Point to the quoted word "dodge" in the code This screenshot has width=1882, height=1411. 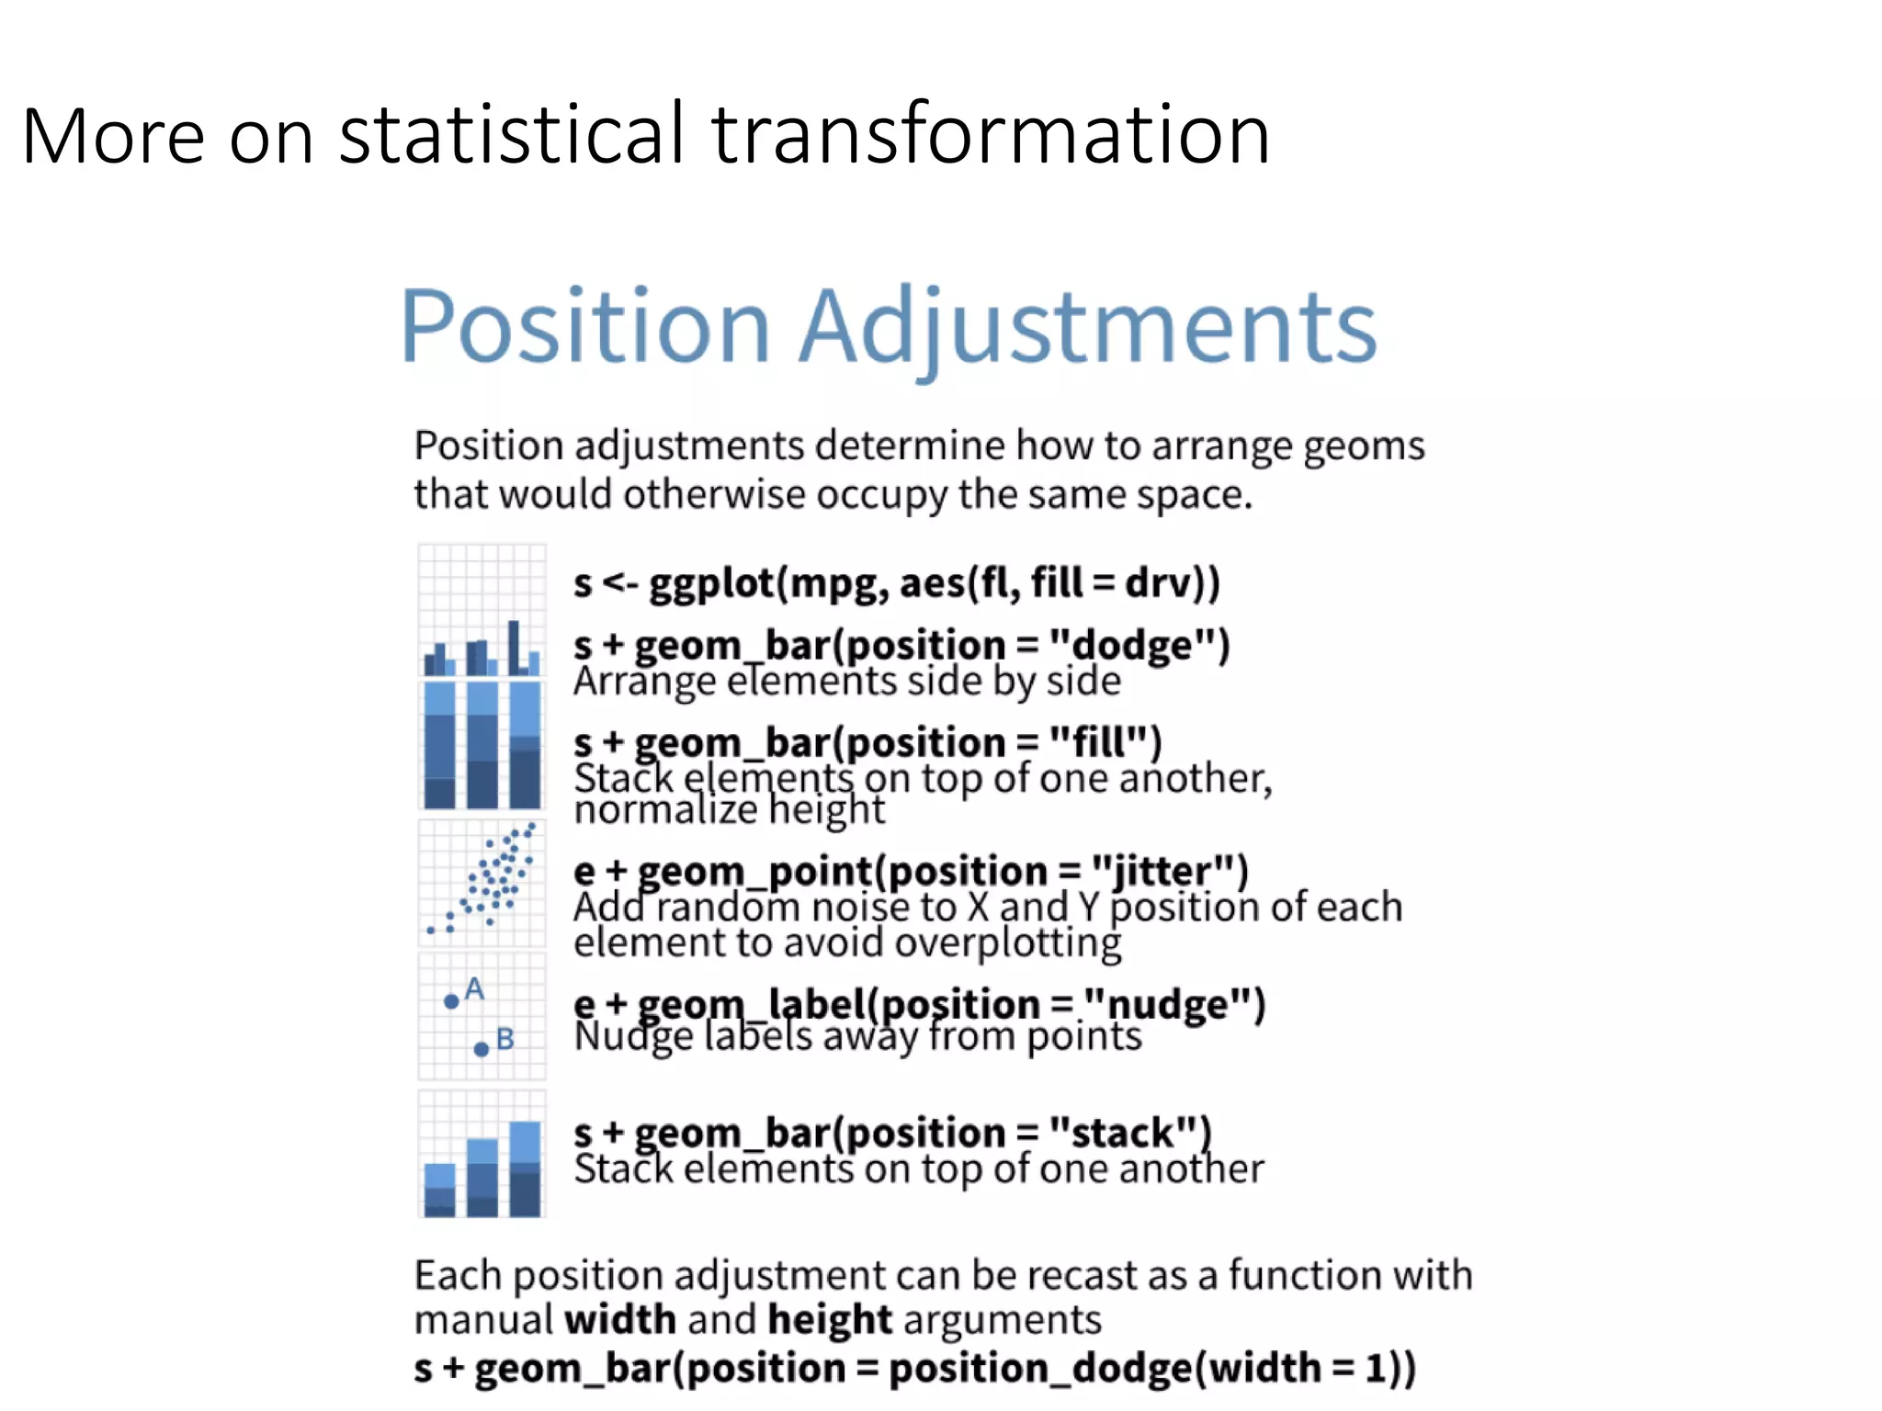(x=1139, y=646)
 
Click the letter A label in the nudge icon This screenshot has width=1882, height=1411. (x=474, y=988)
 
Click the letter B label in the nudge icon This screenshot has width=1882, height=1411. (x=505, y=1039)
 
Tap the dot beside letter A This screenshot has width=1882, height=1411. (x=451, y=1001)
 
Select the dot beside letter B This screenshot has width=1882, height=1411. (x=481, y=1049)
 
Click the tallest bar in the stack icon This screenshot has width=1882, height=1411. (x=525, y=1169)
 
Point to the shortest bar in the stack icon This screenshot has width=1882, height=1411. (x=440, y=1191)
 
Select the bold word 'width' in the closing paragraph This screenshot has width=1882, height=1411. (x=620, y=1320)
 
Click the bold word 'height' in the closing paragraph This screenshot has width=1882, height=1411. (x=830, y=1320)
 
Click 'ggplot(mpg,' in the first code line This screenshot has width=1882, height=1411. (x=768, y=583)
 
